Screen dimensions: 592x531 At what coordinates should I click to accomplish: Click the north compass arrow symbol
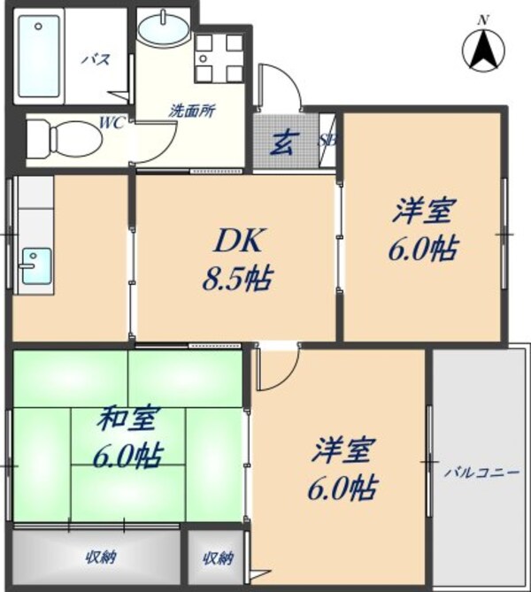coord(484,50)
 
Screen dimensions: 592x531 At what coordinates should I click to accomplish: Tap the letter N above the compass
coord(483,19)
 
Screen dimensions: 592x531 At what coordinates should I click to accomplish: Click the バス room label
coord(96,60)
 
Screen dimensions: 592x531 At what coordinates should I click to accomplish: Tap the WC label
coord(112,123)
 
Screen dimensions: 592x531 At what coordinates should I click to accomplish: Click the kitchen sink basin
coord(35,265)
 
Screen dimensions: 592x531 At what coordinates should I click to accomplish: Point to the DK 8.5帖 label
coord(234,258)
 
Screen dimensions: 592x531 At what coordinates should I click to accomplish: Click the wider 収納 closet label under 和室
coord(101,557)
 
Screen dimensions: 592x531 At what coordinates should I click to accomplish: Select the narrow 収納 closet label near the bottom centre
coord(217,557)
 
